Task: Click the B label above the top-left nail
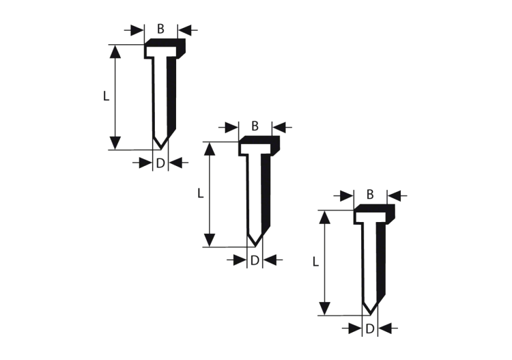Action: point(160,29)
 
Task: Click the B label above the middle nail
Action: point(255,126)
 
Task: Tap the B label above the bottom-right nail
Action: point(369,195)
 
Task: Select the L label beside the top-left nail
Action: point(106,96)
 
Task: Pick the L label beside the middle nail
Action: point(201,193)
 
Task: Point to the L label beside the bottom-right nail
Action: point(315,262)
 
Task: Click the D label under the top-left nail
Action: point(160,163)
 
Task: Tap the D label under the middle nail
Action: point(255,260)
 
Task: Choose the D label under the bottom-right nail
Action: point(369,329)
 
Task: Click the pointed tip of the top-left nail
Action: point(160,149)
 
